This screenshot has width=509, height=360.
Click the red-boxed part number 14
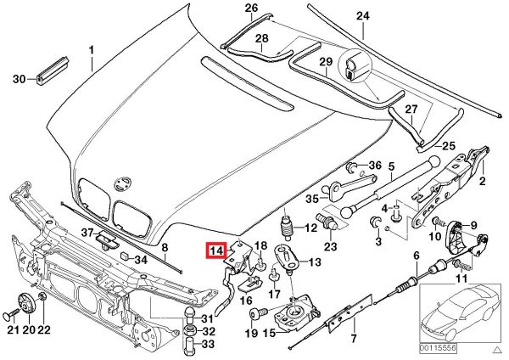(x=215, y=251)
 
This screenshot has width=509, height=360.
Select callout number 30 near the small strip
(x=19, y=79)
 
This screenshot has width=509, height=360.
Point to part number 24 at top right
(x=363, y=16)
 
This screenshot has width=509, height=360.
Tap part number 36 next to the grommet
(x=375, y=165)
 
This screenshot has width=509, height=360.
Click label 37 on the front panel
(x=88, y=233)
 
